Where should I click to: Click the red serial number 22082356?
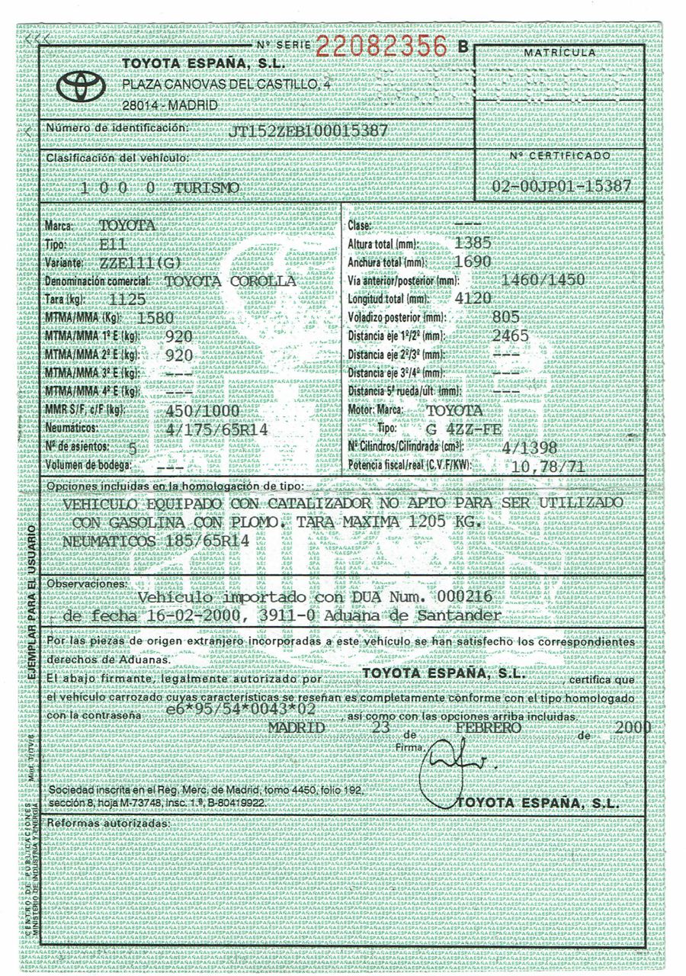pyautogui.click(x=381, y=47)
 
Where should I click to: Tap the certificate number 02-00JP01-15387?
pyautogui.click(x=561, y=186)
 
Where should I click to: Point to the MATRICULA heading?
pyautogui.click(x=560, y=52)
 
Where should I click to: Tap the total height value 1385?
pyautogui.click(x=472, y=243)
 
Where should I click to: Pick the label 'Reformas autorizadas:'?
pyautogui.click(x=106, y=824)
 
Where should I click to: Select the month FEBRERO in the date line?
pyautogui.click(x=488, y=727)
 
